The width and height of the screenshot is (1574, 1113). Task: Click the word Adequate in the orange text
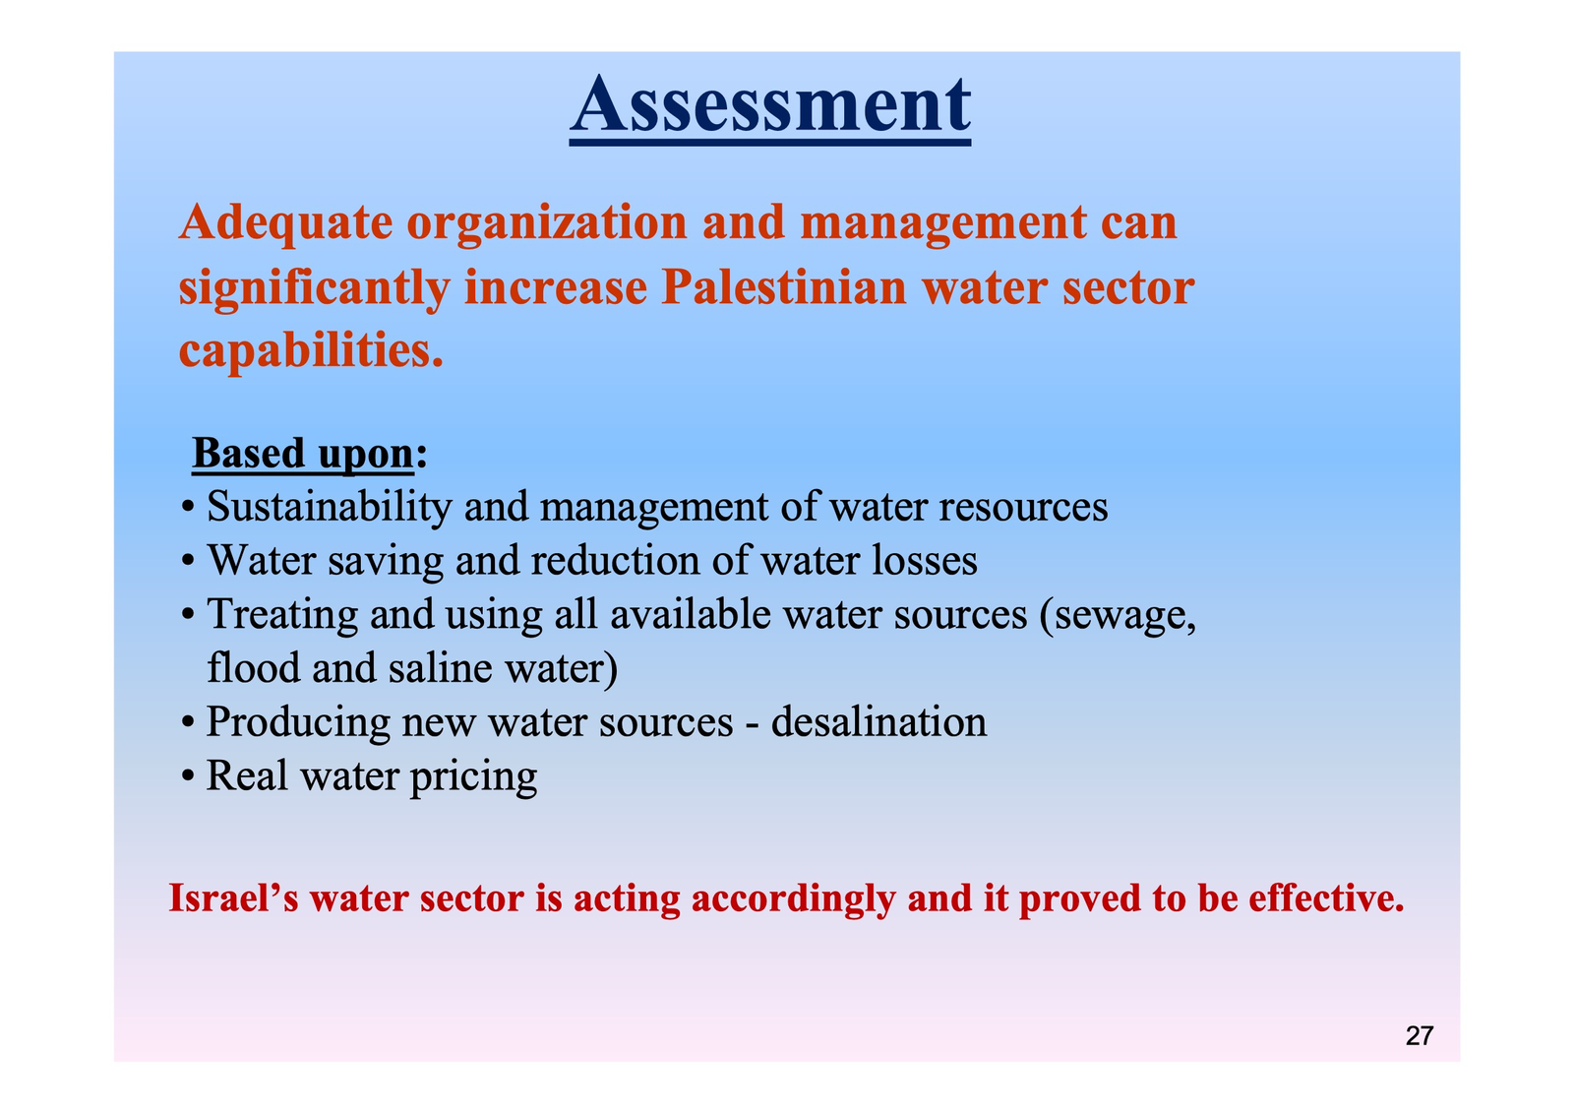coord(285,223)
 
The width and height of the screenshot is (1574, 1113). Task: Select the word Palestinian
coord(783,287)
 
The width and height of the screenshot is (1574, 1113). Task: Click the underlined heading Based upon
coord(303,454)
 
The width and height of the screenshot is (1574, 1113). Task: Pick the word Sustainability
coord(329,506)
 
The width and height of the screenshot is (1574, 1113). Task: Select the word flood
coord(254,667)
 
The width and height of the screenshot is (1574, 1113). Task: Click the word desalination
coord(878,722)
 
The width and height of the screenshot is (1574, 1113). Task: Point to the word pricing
coord(473,776)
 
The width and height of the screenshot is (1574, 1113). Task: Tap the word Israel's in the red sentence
coord(234,898)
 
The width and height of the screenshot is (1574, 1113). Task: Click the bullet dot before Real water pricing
coord(188,777)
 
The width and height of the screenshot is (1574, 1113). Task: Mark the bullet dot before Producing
coord(188,723)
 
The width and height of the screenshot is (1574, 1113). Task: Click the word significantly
coord(314,289)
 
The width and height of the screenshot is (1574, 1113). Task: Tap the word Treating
coord(281,615)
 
